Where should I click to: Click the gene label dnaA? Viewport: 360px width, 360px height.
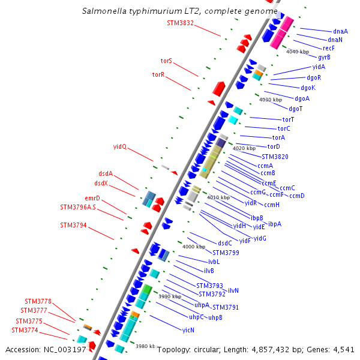point(340,31)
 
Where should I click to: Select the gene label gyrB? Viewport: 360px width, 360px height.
point(324,57)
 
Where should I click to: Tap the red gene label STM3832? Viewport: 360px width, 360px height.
point(180,23)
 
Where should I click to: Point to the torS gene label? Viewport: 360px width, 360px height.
point(166,61)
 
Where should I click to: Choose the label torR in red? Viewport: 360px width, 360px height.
point(158,74)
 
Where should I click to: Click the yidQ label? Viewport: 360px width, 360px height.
point(120,146)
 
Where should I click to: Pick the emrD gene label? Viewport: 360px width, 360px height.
point(92,198)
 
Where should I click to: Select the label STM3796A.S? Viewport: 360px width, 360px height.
point(78,207)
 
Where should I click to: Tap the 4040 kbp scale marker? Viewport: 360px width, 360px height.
point(298,52)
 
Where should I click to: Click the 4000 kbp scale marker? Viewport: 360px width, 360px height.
point(194,247)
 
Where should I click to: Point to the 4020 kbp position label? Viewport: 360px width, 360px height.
point(244,148)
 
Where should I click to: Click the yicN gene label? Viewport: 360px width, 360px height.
point(188,330)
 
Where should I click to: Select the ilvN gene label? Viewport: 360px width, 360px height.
point(233,290)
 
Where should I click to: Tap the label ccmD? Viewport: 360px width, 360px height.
point(297,196)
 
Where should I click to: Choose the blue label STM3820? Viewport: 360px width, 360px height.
point(275,157)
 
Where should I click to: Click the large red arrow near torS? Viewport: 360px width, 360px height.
point(219,89)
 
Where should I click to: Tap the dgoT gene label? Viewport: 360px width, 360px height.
point(296,109)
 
